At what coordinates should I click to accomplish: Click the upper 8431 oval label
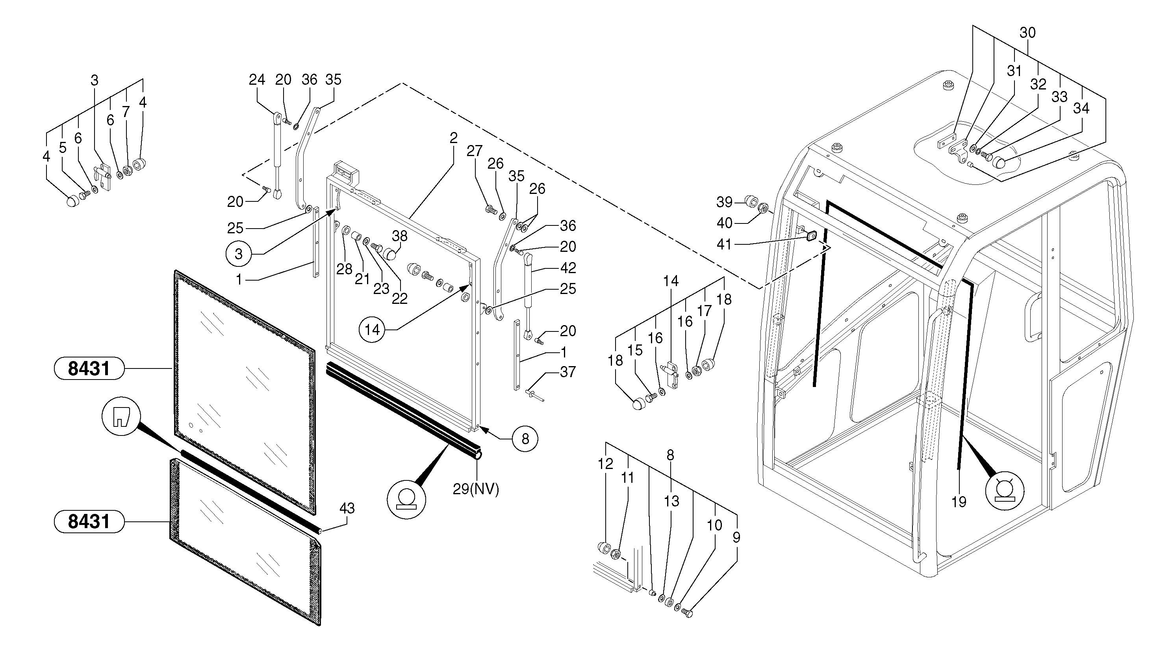[89, 368]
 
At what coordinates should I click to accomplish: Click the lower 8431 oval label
[89, 521]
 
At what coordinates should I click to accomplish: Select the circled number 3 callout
[238, 254]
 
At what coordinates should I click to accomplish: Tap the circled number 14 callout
[372, 329]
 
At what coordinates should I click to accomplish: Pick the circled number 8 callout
[525, 439]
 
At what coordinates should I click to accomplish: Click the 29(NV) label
[476, 489]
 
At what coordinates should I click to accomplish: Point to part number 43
[347, 508]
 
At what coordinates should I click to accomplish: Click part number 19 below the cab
[959, 502]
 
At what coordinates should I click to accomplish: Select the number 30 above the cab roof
[1027, 33]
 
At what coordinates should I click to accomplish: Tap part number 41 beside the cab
[724, 244]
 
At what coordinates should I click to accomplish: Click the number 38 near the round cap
[399, 236]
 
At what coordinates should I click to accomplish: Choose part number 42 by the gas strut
[568, 268]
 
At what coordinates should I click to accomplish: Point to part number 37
[568, 372]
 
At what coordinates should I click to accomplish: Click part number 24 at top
[257, 80]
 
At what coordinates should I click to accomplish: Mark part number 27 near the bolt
[474, 151]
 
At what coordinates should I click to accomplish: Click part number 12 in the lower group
[605, 464]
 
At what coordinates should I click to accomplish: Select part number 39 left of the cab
[724, 202]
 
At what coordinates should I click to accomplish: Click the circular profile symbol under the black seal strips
[406, 499]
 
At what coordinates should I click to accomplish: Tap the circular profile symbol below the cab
[1005, 491]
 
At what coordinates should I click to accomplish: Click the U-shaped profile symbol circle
[121, 416]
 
